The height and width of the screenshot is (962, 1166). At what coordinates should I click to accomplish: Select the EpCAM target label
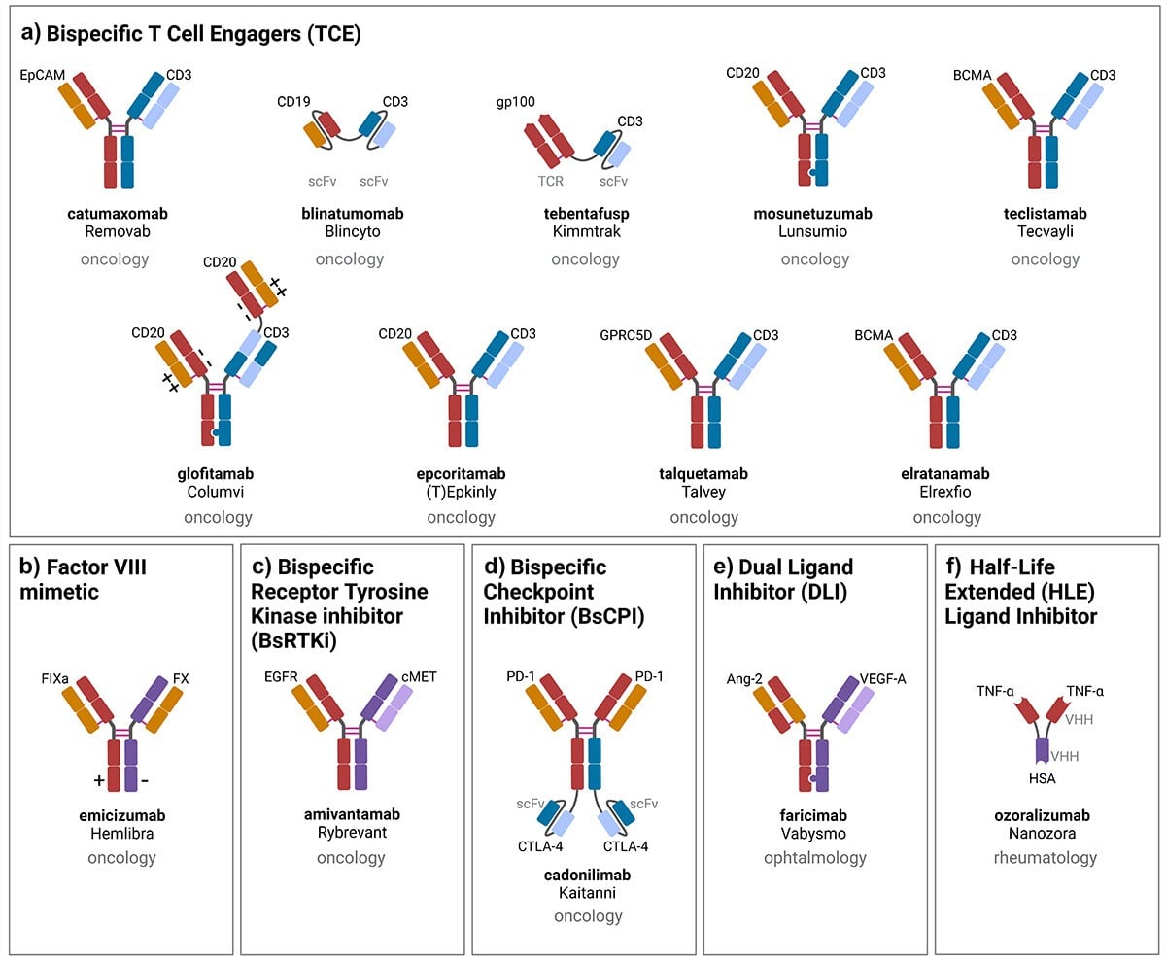click(x=40, y=74)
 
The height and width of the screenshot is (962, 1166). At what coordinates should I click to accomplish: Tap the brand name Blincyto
click(x=349, y=232)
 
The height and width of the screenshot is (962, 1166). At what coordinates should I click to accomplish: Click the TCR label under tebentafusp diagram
click(x=550, y=182)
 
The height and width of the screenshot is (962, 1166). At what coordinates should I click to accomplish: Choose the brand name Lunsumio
click(x=814, y=232)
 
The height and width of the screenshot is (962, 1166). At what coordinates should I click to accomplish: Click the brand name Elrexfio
click(x=946, y=493)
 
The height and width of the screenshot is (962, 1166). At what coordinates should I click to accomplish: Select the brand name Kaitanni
click(x=588, y=892)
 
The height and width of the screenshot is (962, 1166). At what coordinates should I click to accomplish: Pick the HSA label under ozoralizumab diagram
click(x=1042, y=777)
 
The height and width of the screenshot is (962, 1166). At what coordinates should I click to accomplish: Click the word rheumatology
click(x=1045, y=858)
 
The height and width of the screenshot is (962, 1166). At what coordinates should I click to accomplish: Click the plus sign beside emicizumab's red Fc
click(x=98, y=780)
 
